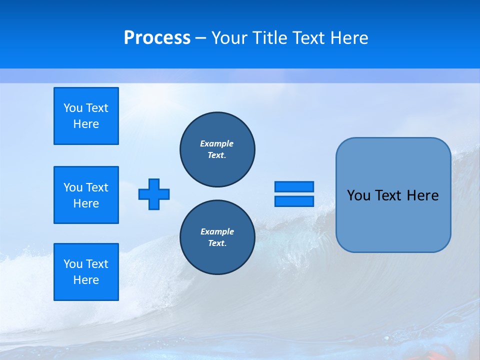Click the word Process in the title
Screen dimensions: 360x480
click(x=157, y=38)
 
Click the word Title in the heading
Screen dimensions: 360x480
click(x=268, y=38)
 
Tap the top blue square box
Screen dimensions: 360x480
click(x=86, y=116)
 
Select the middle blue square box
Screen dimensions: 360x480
click(x=86, y=195)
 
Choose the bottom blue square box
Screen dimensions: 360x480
click(x=86, y=272)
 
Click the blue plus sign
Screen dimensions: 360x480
click(x=154, y=194)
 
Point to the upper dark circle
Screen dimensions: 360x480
click(x=217, y=149)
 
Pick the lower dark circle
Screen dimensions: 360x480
click(x=217, y=237)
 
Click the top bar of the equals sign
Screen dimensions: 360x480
click(x=294, y=186)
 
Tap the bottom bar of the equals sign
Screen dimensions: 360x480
click(x=294, y=201)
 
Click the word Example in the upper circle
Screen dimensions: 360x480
click(x=217, y=143)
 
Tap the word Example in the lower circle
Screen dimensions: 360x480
click(x=217, y=231)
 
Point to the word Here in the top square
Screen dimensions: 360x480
click(x=86, y=124)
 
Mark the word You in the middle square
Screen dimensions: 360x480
click(x=72, y=187)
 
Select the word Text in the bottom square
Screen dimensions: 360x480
click(x=97, y=264)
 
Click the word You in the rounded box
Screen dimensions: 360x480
click(x=358, y=195)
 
